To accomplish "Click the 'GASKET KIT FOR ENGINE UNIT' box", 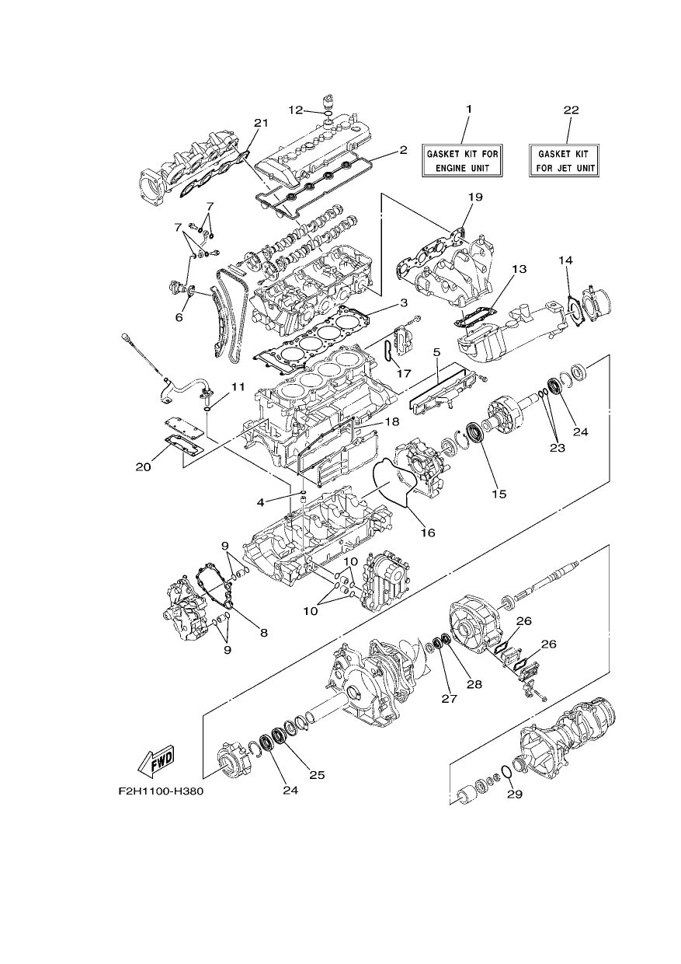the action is tap(462, 160).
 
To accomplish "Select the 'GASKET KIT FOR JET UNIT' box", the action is tap(564, 160).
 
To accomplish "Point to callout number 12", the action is tap(296, 110).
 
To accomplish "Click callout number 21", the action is tap(261, 123).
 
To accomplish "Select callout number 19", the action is tap(475, 197).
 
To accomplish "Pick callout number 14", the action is tap(566, 260).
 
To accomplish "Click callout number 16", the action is tap(428, 533).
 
